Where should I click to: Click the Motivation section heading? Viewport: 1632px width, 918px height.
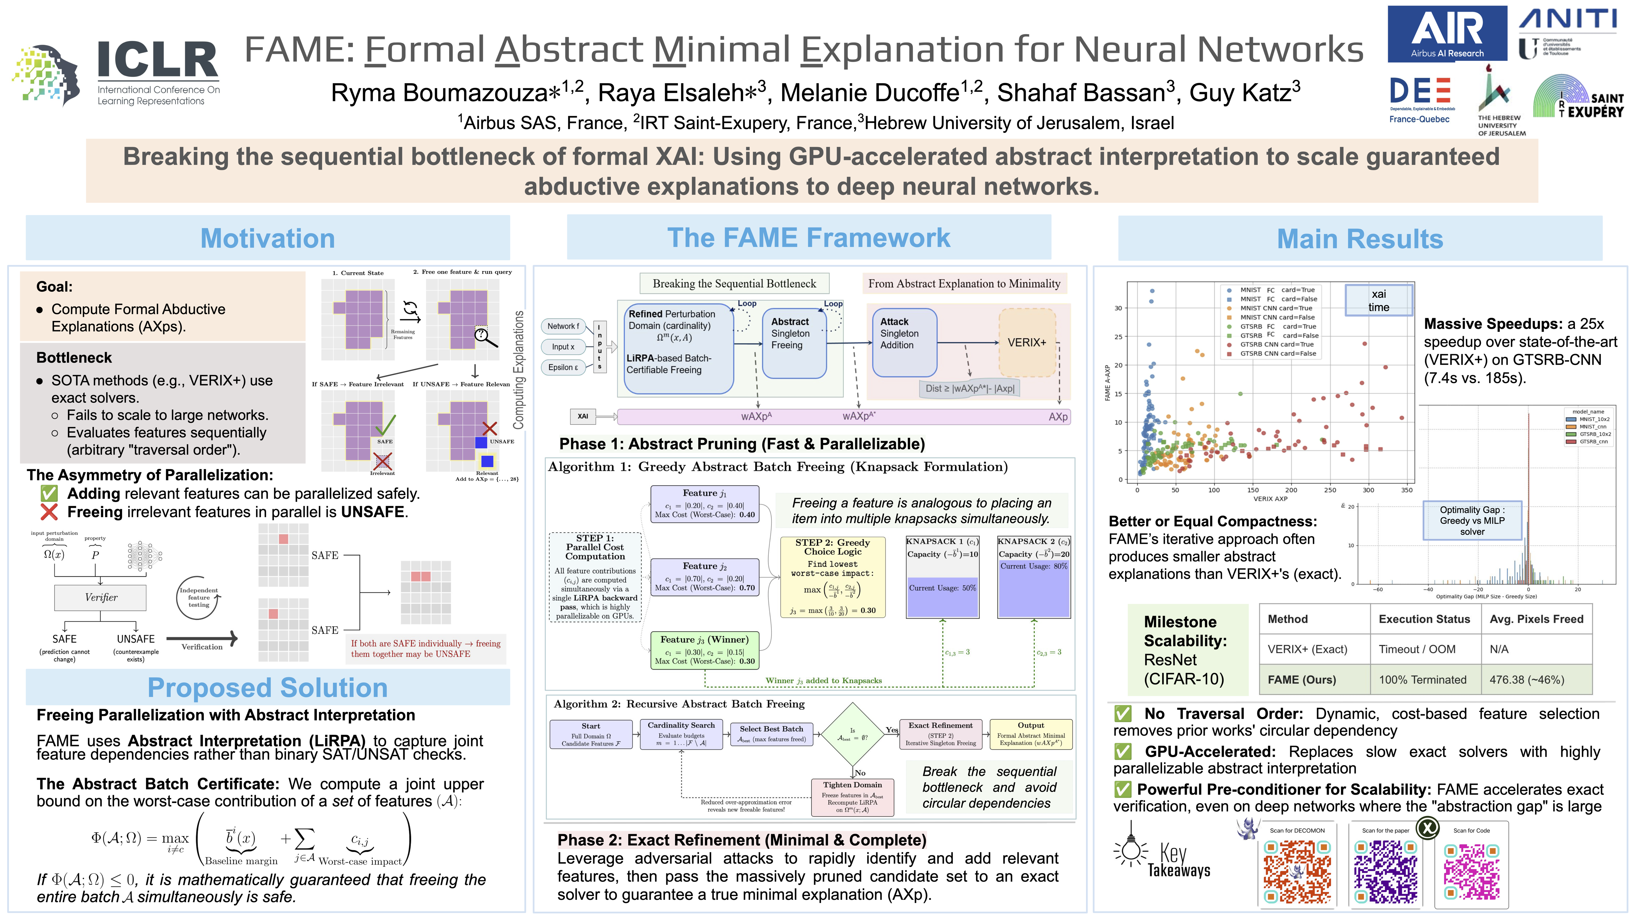click(x=267, y=238)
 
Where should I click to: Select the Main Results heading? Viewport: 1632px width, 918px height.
click(x=1359, y=239)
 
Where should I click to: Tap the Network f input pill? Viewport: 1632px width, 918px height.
click(x=563, y=326)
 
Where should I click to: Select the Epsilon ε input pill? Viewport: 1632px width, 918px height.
click(x=563, y=368)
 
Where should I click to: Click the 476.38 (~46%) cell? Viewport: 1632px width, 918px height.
click(x=1527, y=680)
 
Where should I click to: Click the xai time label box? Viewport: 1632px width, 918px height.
click(x=1379, y=300)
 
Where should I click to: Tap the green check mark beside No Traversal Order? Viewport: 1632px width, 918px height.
click(x=1123, y=714)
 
